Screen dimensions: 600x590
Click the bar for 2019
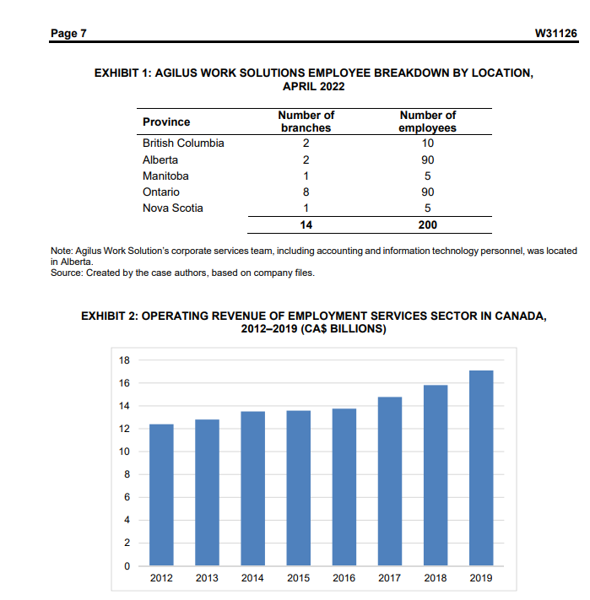click(x=481, y=468)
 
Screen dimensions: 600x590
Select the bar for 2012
click(x=161, y=495)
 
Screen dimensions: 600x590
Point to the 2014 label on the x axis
click(x=252, y=578)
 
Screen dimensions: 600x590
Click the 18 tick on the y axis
click(x=124, y=360)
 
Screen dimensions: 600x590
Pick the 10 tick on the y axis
click(x=124, y=451)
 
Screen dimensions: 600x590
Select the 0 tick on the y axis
click(x=127, y=565)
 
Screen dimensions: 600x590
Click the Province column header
click(x=166, y=122)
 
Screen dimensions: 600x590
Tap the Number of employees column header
click(x=427, y=122)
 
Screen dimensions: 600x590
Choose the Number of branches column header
click(x=306, y=122)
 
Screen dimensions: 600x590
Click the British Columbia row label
click(x=183, y=143)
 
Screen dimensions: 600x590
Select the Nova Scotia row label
click(x=173, y=208)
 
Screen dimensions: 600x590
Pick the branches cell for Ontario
click(x=306, y=192)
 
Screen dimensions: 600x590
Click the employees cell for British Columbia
click(x=427, y=143)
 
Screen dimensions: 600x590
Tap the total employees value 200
click(x=427, y=225)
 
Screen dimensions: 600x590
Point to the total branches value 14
click(x=306, y=225)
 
